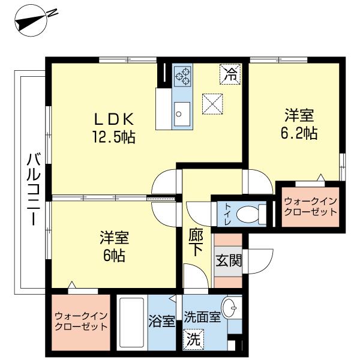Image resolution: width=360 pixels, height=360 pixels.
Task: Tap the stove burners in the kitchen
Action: pos(182,76)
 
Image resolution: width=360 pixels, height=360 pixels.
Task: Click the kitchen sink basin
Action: pos(182,111)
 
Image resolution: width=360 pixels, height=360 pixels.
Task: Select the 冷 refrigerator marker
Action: pos(230,75)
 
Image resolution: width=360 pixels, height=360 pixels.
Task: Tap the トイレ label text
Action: pos(228,213)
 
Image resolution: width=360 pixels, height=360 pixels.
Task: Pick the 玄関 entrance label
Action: pos(227,262)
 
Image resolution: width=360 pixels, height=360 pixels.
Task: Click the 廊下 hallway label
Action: pos(196,242)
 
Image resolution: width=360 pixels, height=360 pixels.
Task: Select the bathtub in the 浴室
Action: pos(131,324)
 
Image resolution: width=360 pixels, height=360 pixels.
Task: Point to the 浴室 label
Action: pos(161,320)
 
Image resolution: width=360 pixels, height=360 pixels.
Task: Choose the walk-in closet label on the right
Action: pos(310,206)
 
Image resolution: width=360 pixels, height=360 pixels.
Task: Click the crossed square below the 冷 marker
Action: pos(212,104)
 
